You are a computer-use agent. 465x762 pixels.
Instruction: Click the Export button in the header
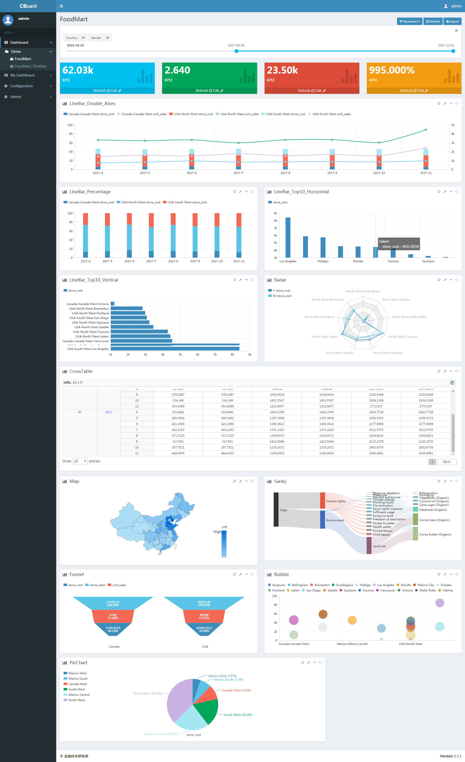click(x=452, y=21)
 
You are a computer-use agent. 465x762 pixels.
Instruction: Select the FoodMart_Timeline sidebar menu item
click(x=30, y=66)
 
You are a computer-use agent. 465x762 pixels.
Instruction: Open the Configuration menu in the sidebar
click(x=21, y=86)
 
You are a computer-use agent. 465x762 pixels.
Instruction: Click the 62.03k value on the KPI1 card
click(x=78, y=70)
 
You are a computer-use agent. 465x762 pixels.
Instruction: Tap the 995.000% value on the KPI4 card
click(x=392, y=70)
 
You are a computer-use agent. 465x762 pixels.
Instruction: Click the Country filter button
click(x=71, y=38)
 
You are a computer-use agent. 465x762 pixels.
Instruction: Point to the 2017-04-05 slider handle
click(x=236, y=51)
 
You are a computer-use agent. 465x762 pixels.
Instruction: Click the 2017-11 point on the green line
click(x=426, y=130)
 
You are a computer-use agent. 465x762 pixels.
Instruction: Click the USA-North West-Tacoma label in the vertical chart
click(x=91, y=332)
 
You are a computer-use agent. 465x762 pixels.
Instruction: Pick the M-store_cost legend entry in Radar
click(x=282, y=296)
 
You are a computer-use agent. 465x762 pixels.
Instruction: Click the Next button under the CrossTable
click(x=446, y=462)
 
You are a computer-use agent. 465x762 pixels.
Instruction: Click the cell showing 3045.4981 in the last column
click(x=426, y=453)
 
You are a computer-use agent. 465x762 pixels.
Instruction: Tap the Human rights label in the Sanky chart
click(x=336, y=501)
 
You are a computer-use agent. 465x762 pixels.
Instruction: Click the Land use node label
click(x=379, y=546)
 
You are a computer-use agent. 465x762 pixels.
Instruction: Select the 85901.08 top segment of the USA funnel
click(x=204, y=603)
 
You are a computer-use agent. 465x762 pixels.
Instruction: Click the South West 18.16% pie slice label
click(x=238, y=715)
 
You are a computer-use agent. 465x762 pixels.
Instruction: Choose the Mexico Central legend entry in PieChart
click(x=78, y=695)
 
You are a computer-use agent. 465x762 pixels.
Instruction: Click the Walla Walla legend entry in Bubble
click(x=427, y=590)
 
